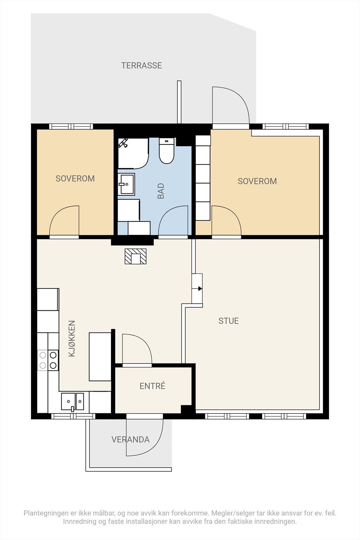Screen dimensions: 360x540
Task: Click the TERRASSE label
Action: click(x=141, y=65)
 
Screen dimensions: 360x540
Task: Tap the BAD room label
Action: click(x=161, y=191)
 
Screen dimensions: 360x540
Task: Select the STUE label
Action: click(x=228, y=321)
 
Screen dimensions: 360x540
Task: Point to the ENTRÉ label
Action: click(x=152, y=386)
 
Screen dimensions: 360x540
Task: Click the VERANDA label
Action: click(x=130, y=439)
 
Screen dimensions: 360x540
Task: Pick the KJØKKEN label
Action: click(x=72, y=339)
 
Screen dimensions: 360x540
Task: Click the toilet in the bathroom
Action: click(x=167, y=151)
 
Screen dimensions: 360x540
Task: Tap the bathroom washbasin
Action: click(x=126, y=184)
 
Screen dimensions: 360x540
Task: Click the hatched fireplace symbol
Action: click(x=135, y=256)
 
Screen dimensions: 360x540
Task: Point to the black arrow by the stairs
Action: click(x=200, y=289)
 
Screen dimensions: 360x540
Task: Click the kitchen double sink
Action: click(x=73, y=401)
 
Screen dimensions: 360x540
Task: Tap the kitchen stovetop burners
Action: click(x=48, y=360)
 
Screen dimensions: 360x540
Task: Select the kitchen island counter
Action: click(x=100, y=357)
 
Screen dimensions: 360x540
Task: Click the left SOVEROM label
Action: click(x=75, y=179)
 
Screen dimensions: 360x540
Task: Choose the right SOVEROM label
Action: click(x=257, y=181)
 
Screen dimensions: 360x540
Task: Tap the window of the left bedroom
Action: click(x=71, y=127)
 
